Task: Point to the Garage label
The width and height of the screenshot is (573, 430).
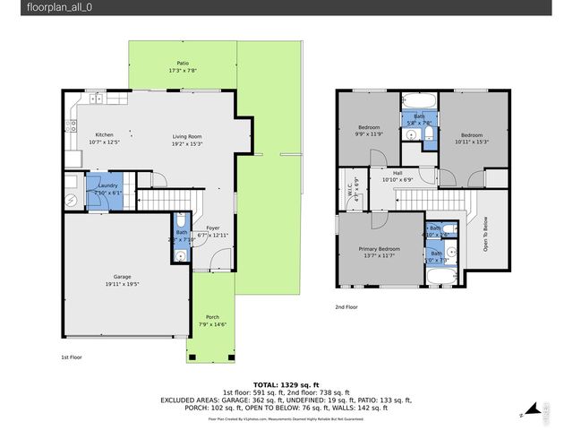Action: coord(122,279)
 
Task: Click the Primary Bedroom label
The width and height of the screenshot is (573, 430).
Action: coord(376,252)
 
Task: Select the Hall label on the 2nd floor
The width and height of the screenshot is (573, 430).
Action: coord(397,176)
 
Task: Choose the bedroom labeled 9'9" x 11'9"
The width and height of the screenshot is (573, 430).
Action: coord(369,131)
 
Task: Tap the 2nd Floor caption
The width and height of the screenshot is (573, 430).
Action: coord(346,307)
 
